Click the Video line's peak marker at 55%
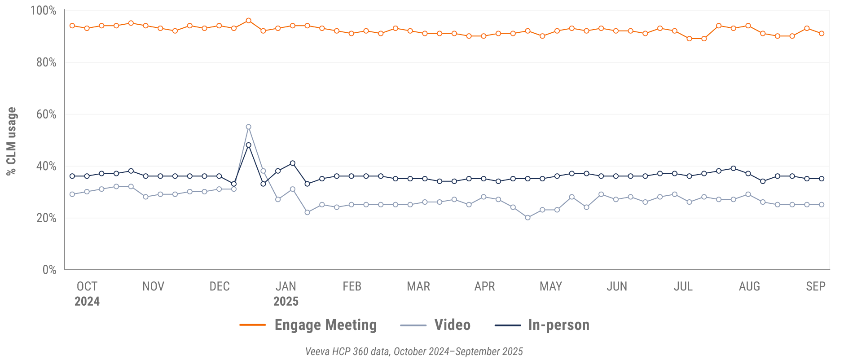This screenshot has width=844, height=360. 248,127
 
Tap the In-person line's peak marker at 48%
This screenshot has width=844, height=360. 248,145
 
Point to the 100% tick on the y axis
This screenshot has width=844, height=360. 44,10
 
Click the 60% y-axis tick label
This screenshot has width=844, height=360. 46,114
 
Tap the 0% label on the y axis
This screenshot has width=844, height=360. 49,269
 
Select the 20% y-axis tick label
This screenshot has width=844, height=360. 46,218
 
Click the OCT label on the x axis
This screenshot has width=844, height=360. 87,286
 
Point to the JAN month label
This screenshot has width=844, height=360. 286,286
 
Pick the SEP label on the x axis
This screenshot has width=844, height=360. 815,286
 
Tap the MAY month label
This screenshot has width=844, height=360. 550,286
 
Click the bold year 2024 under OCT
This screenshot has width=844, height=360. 87,301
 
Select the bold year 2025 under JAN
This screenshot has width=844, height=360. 286,301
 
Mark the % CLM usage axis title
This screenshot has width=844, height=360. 11,141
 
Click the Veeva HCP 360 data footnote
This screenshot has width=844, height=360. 414,351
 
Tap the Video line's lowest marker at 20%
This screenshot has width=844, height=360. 527,218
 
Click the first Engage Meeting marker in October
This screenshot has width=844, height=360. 72,26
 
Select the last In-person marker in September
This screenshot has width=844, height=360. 822,179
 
